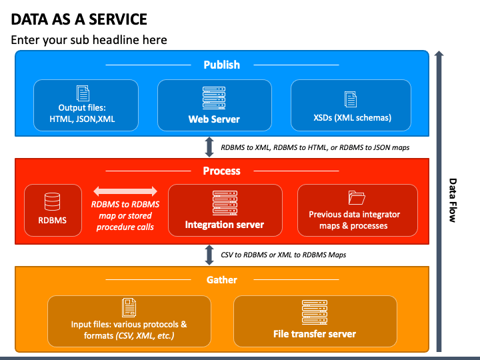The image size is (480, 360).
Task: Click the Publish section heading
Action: pos(221,65)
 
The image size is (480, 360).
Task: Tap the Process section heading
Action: pos(221,171)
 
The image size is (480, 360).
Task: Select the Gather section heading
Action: pos(221,280)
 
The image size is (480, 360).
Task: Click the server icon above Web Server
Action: pos(214,98)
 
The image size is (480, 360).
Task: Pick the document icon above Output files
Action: pos(83,93)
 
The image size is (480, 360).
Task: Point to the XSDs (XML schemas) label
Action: pos(353,118)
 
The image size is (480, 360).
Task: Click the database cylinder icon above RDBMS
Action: pos(53,201)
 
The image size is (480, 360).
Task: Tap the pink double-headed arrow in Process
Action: pos(125,191)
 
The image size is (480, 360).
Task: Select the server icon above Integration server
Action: pos(225,203)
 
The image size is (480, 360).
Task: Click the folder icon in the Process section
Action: pos(357,198)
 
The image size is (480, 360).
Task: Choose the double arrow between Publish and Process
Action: pos(209,147)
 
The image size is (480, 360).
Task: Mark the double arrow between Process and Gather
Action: pos(209,255)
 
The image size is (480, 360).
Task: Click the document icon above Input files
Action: pos(129,307)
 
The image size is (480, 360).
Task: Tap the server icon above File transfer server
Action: pos(315,312)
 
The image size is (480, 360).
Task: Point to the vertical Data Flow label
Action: pos(453,200)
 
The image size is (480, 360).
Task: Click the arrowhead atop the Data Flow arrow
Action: pos(439,53)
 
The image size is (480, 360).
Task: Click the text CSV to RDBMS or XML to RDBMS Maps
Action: pos(283,255)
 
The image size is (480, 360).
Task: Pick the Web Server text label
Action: pos(214,119)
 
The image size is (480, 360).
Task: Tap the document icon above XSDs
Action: pos(351,99)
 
